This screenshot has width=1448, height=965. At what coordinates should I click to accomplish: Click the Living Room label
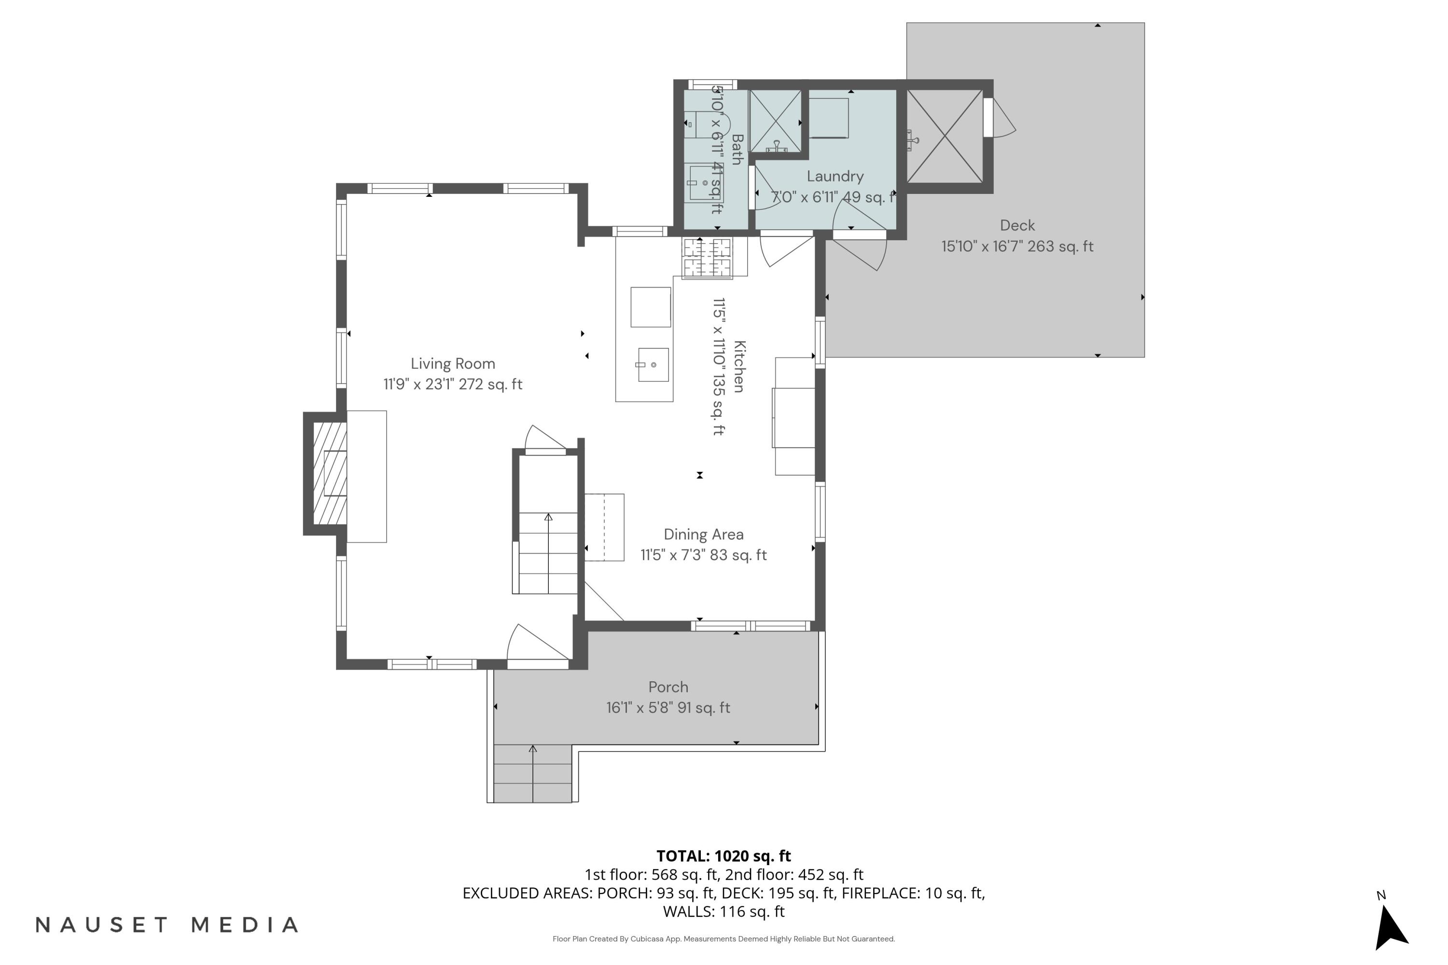tap(453, 364)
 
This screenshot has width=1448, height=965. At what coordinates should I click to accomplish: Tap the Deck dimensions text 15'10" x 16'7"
tap(1016, 247)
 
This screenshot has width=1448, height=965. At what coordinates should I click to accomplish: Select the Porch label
tap(668, 687)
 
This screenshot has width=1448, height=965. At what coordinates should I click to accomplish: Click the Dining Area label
tap(703, 534)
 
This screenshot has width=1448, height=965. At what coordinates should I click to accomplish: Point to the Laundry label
tap(835, 177)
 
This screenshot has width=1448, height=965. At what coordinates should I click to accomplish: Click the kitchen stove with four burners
tap(707, 258)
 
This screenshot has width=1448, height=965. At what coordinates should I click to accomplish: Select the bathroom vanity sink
tap(705, 182)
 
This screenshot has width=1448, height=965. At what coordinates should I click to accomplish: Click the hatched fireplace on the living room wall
tap(329, 473)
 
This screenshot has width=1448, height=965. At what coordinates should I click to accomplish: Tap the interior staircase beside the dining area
tap(547, 552)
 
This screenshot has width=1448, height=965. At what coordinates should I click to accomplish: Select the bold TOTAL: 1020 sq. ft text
tap(724, 856)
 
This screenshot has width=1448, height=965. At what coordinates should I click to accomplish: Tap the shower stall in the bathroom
tap(775, 121)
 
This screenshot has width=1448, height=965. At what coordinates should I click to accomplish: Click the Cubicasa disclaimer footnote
tap(724, 938)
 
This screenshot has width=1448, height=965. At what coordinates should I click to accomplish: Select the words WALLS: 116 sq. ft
tap(724, 911)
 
